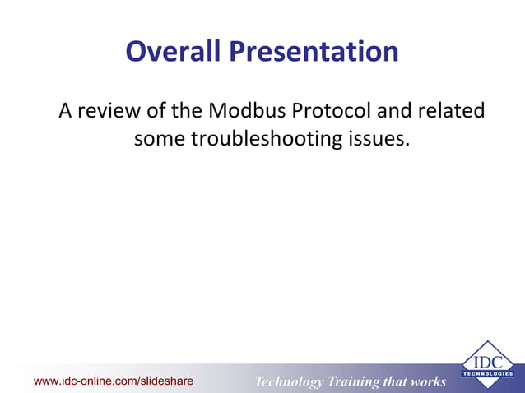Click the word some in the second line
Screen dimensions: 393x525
click(159, 139)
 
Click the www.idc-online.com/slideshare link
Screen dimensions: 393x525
click(113, 381)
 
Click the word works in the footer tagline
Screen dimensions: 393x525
click(429, 381)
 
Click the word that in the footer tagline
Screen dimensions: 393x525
click(397, 381)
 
